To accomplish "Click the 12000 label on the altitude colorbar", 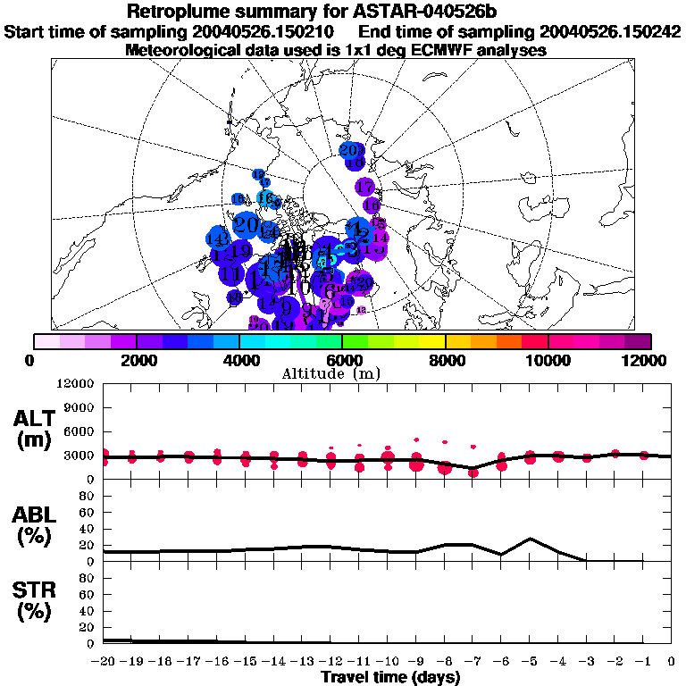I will pyautogui.click(x=646, y=360).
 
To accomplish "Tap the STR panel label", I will pyautogui.click(x=36, y=600).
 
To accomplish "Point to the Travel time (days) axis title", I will pyautogui.click(x=390, y=678).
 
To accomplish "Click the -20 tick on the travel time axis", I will pyautogui.click(x=105, y=661).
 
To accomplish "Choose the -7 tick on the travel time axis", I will pyautogui.click(x=473, y=661).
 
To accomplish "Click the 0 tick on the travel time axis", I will pyautogui.click(x=672, y=661).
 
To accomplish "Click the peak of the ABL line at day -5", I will pyautogui.click(x=531, y=539).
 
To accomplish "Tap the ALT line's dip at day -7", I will pyautogui.click(x=473, y=468).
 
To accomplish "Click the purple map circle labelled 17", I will pyautogui.click(x=364, y=188).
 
